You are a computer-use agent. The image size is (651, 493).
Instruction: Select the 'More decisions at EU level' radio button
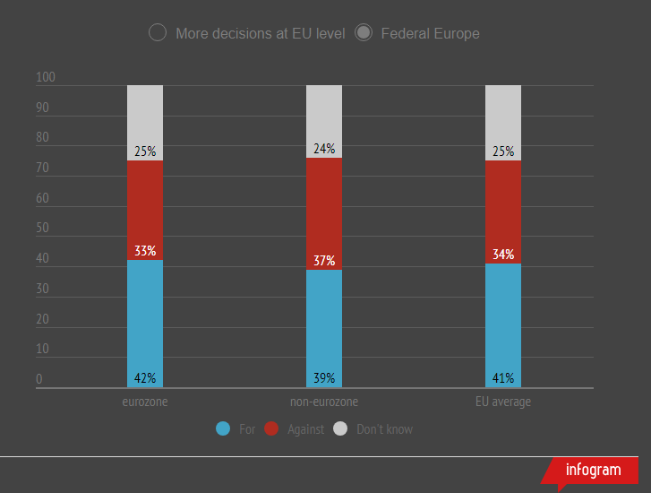[x=158, y=33]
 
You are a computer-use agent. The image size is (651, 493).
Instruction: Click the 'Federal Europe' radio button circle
[x=364, y=33]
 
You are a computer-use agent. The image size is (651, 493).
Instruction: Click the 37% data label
[x=324, y=261]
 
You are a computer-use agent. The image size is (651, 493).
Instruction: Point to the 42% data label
[x=145, y=378]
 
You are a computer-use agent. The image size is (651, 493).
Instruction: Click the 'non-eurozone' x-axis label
[x=324, y=402]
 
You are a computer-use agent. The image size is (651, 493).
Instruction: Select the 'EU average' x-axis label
[x=503, y=402]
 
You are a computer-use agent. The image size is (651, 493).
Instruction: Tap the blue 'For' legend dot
[x=224, y=429]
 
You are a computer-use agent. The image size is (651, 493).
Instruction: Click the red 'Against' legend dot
[x=272, y=429]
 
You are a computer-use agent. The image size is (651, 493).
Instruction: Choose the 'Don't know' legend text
[x=384, y=429]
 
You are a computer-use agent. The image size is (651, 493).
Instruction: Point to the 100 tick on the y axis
[x=46, y=78]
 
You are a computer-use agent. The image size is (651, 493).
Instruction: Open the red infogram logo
[x=593, y=470]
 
